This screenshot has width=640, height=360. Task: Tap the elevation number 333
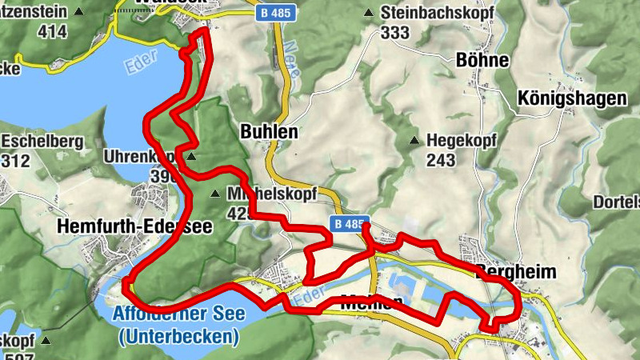(x=394, y=33)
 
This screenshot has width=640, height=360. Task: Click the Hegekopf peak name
(x=462, y=141)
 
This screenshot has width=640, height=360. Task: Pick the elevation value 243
(x=441, y=160)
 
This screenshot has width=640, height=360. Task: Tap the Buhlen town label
(x=269, y=132)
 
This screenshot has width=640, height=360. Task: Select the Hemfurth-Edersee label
(x=134, y=227)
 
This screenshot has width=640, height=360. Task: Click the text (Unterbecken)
(x=178, y=336)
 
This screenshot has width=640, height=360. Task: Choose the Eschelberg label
(x=42, y=142)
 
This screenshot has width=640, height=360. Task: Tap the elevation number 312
(x=15, y=161)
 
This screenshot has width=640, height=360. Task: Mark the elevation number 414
(x=51, y=33)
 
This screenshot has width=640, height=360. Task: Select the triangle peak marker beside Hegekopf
(x=414, y=141)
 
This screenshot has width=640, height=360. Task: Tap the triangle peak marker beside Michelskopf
(x=214, y=194)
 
